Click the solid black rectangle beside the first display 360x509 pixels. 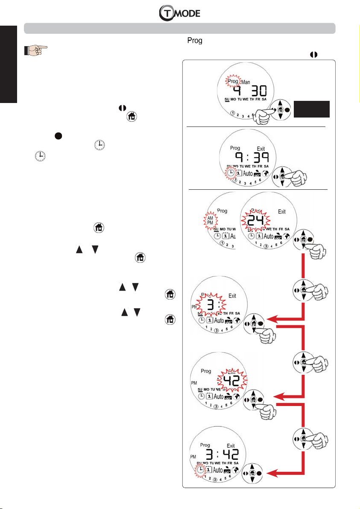pyautogui.click(x=314, y=109)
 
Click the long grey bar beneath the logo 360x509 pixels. pyautogui.click(x=180, y=29)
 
